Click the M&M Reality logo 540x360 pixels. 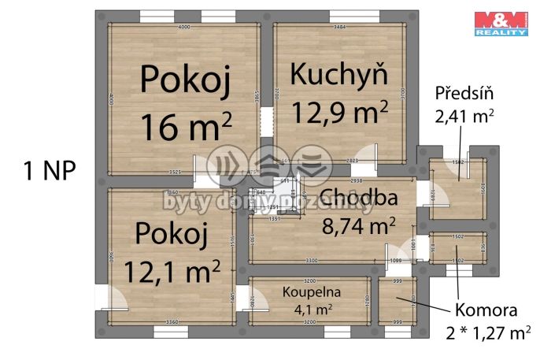tap(500, 23)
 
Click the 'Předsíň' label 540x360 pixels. tap(464, 93)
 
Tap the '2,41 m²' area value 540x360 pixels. tap(464, 117)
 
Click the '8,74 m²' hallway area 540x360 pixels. tap(359, 227)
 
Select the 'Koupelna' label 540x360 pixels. tap(307, 291)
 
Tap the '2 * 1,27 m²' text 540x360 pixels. tap(485, 334)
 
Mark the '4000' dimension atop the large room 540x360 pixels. tap(184, 28)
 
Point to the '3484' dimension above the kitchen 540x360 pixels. tap(340, 28)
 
